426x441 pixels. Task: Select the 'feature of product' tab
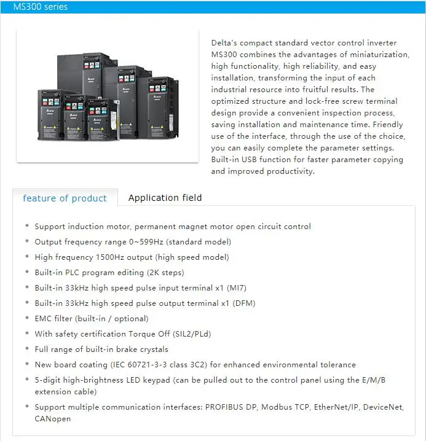[65, 198]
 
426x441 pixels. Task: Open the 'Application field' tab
[165, 197]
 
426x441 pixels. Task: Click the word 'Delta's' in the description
[225, 43]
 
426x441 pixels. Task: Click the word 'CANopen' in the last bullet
[53, 418]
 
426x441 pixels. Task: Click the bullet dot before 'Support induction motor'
[26, 227]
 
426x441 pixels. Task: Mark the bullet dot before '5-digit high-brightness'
[26, 380]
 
